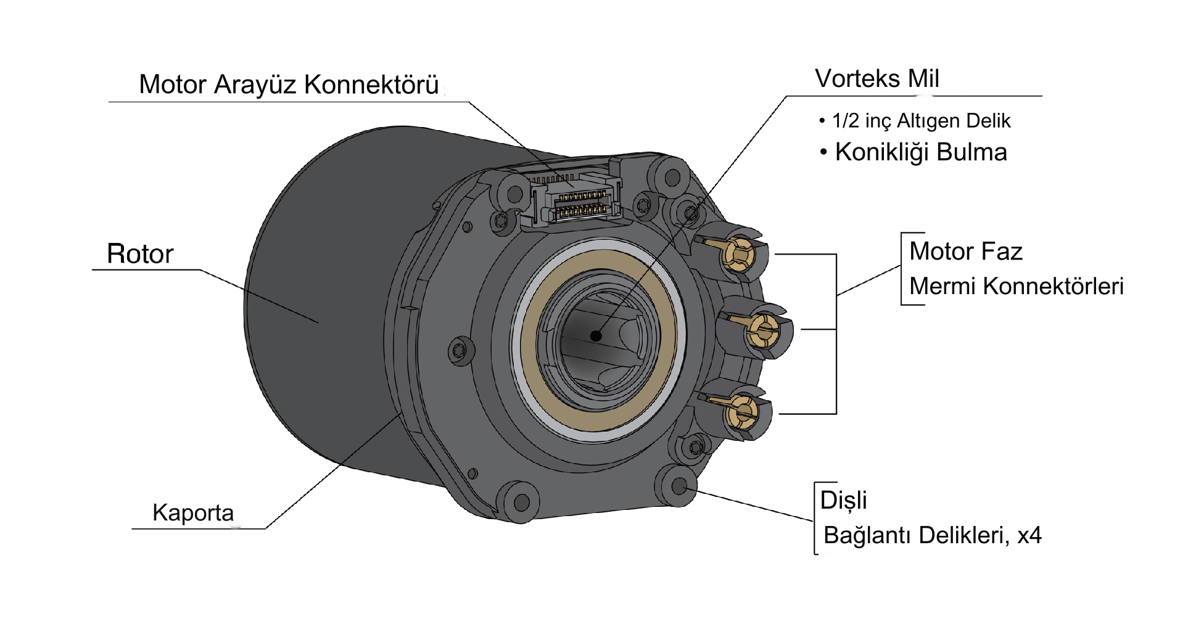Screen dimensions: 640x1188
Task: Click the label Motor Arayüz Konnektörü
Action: pyautogui.click(x=289, y=85)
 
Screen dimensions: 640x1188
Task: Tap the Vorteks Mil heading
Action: pyautogui.click(x=877, y=79)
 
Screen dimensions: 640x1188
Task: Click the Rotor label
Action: pyautogui.click(x=140, y=254)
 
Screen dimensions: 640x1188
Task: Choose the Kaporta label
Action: pyautogui.click(x=193, y=513)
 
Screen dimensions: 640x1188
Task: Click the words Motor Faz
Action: pyautogui.click(x=965, y=252)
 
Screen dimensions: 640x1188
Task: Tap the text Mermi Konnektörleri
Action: pyautogui.click(x=1016, y=286)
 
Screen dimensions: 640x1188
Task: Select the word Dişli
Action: pyautogui.click(x=843, y=500)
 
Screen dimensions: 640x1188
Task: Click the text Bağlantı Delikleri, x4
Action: pyautogui.click(x=932, y=535)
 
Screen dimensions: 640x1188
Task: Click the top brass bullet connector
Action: pyautogui.click(x=738, y=253)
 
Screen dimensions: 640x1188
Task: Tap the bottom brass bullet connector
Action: pyautogui.click(x=742, y=411)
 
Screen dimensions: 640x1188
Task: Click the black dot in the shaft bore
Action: pyautogui.click(x=595, y=336)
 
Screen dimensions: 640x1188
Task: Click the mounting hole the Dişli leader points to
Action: pyautogui.click(x=679, y=485)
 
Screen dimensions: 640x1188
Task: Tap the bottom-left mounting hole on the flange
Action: pyautogui.click(x=521, y=502)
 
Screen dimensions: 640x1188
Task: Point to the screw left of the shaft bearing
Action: pyautogui.click(x=459, y=351)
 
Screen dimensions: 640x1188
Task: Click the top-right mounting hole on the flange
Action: pyautogui.click(x=672, y=178)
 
